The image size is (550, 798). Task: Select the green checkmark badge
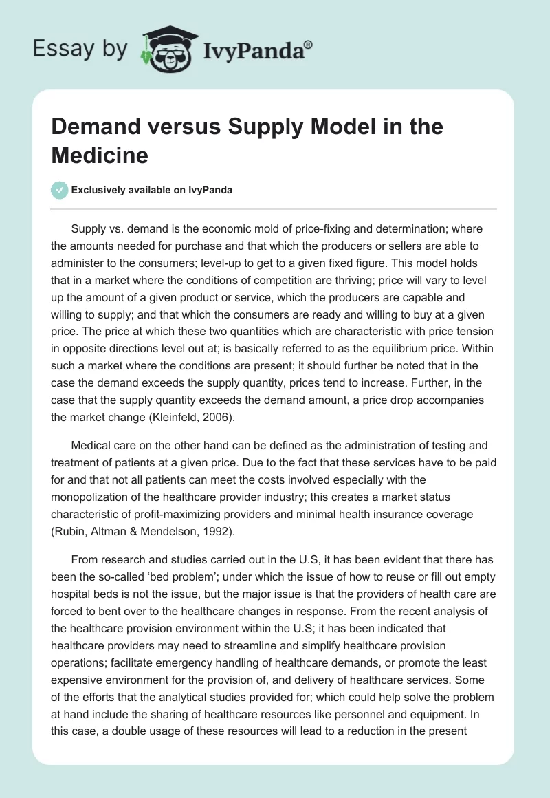60,190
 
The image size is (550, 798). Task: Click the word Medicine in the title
100,155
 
